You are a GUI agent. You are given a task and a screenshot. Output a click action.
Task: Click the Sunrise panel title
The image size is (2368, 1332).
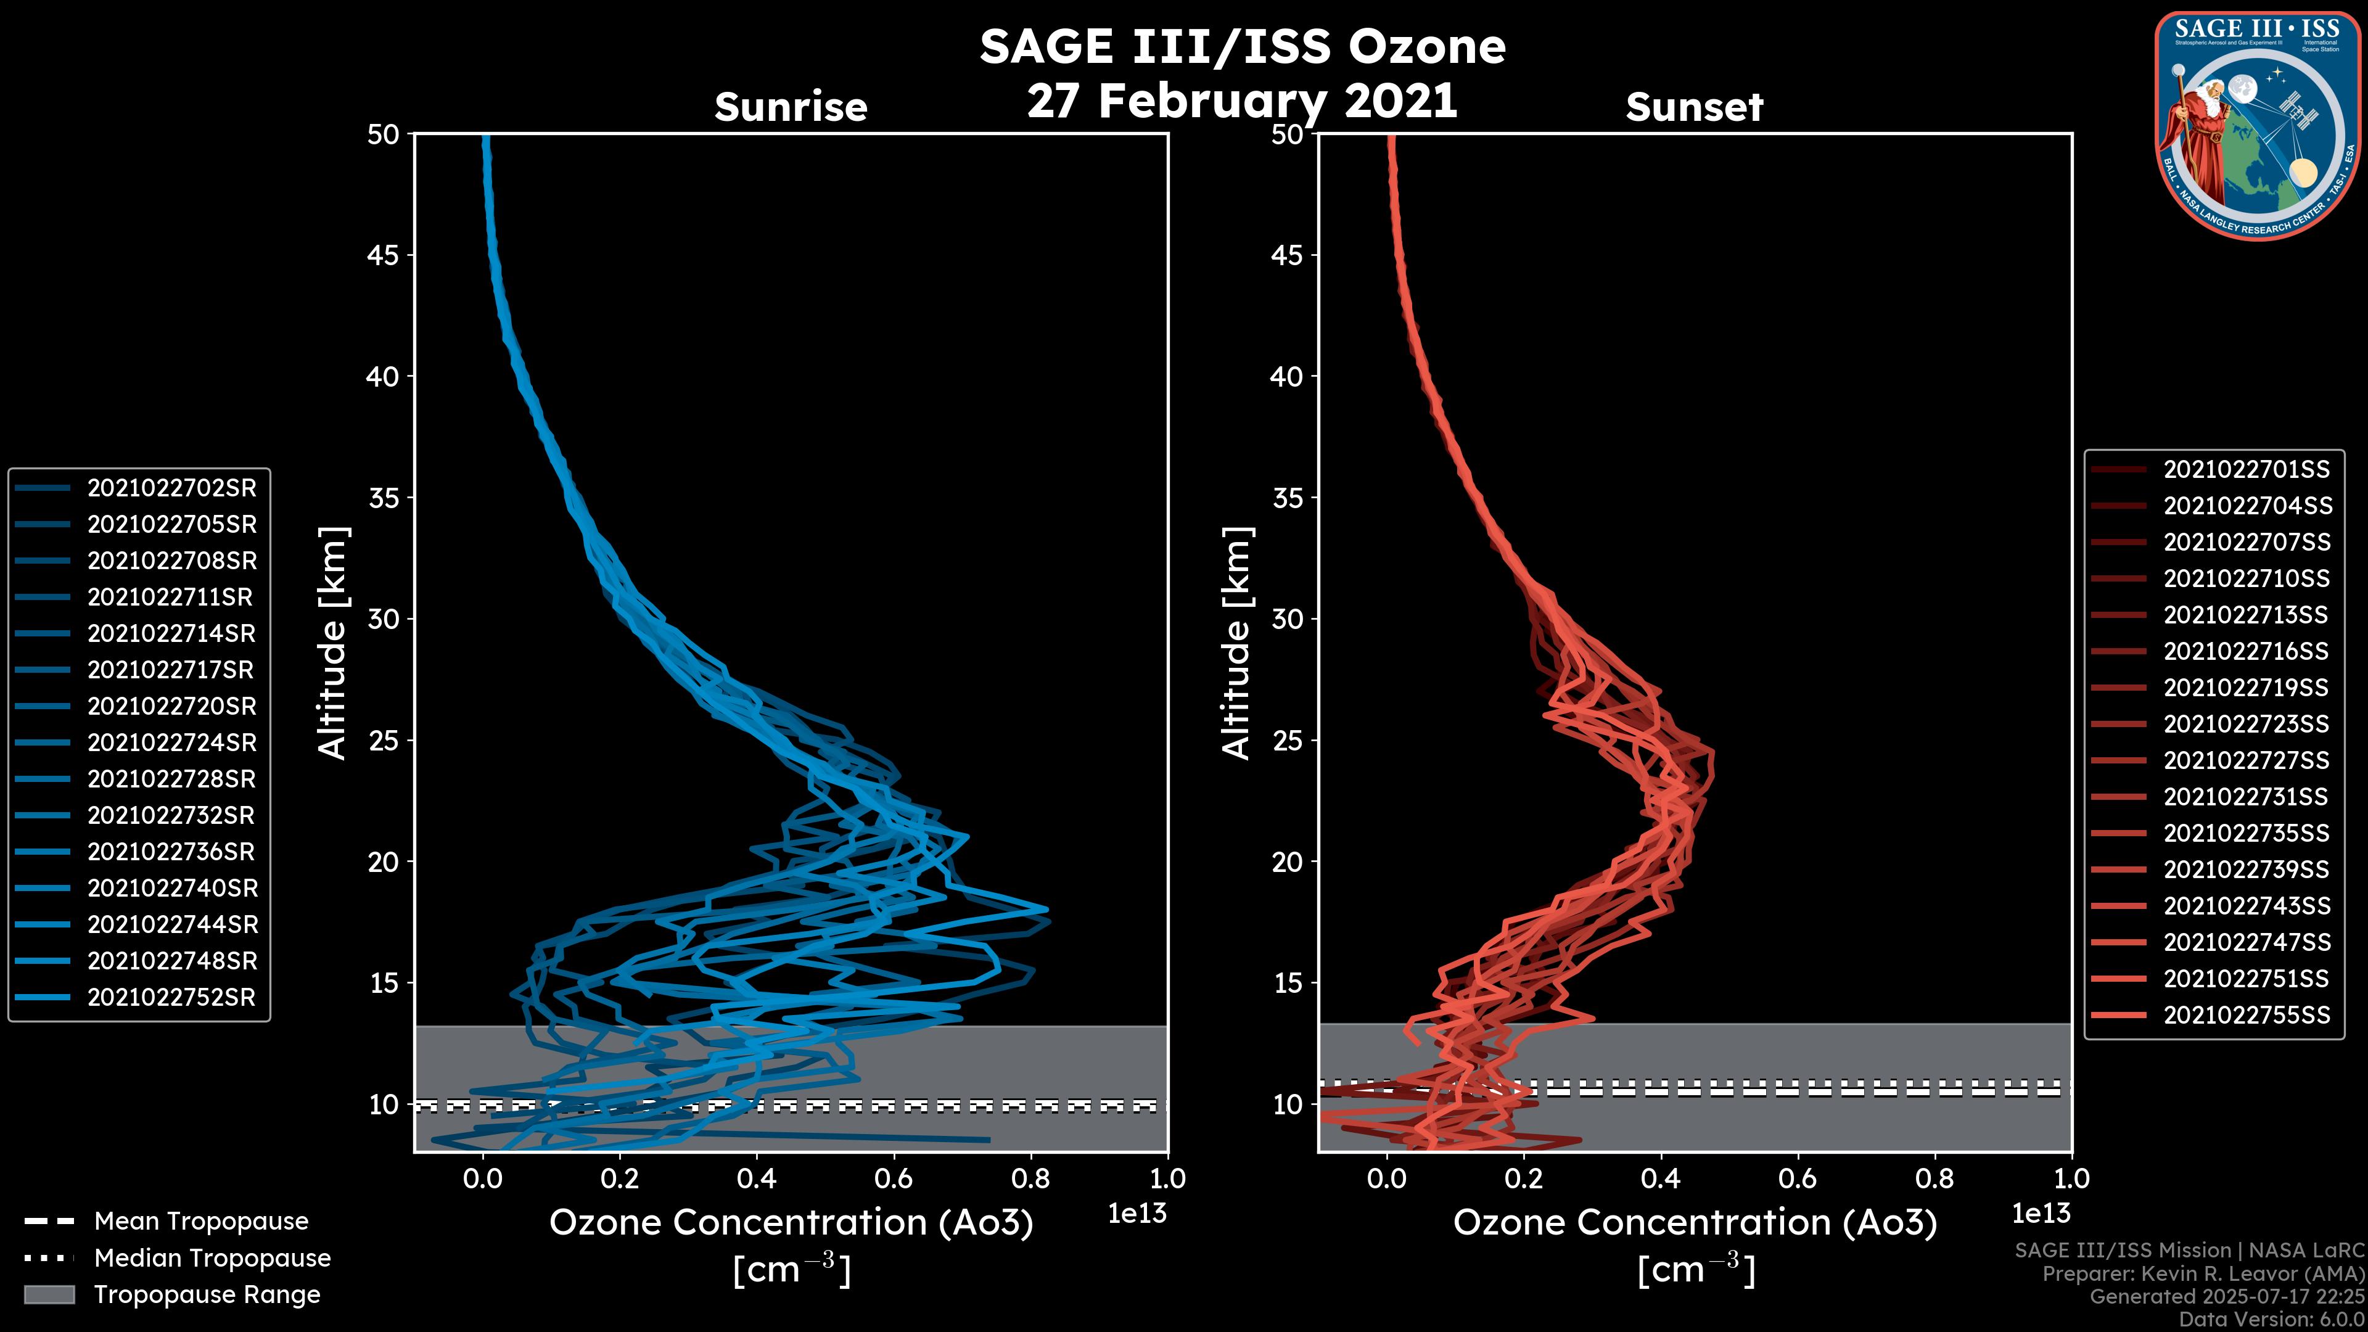(x=791, y=107)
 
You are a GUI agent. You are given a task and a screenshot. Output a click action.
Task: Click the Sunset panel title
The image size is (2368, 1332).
(x=1694, y=107)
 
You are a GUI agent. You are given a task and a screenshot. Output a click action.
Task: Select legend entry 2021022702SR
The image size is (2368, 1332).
(x=171, y=488)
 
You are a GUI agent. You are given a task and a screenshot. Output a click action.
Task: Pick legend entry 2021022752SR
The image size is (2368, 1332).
(x=171, y=997)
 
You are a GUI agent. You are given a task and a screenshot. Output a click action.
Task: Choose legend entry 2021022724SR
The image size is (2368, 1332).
(x=171, y=742)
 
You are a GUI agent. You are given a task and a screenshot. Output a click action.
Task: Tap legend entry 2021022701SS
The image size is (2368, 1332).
(x=2246, y=470)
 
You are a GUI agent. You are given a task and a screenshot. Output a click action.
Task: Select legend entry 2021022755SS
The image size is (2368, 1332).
(x=2246, y=1015)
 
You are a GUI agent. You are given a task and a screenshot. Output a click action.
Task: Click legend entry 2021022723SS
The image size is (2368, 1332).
(x=2246, y=725)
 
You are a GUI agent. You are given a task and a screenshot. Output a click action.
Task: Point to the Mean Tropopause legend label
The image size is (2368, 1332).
(x=201, y=1221)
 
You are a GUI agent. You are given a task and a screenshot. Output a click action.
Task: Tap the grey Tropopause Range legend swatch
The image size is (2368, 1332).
(x=49, y=1294)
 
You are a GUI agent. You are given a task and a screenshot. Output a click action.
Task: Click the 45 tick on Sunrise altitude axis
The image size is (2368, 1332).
(x=384, y=255)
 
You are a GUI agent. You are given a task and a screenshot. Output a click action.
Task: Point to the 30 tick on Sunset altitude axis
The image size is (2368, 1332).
(x=1288, y=619)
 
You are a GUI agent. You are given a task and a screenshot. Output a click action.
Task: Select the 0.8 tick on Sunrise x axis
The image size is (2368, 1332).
(x=1030, y=1178)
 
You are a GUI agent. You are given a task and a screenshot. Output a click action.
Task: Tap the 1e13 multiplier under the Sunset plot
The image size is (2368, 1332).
(x=2041, y=1214)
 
